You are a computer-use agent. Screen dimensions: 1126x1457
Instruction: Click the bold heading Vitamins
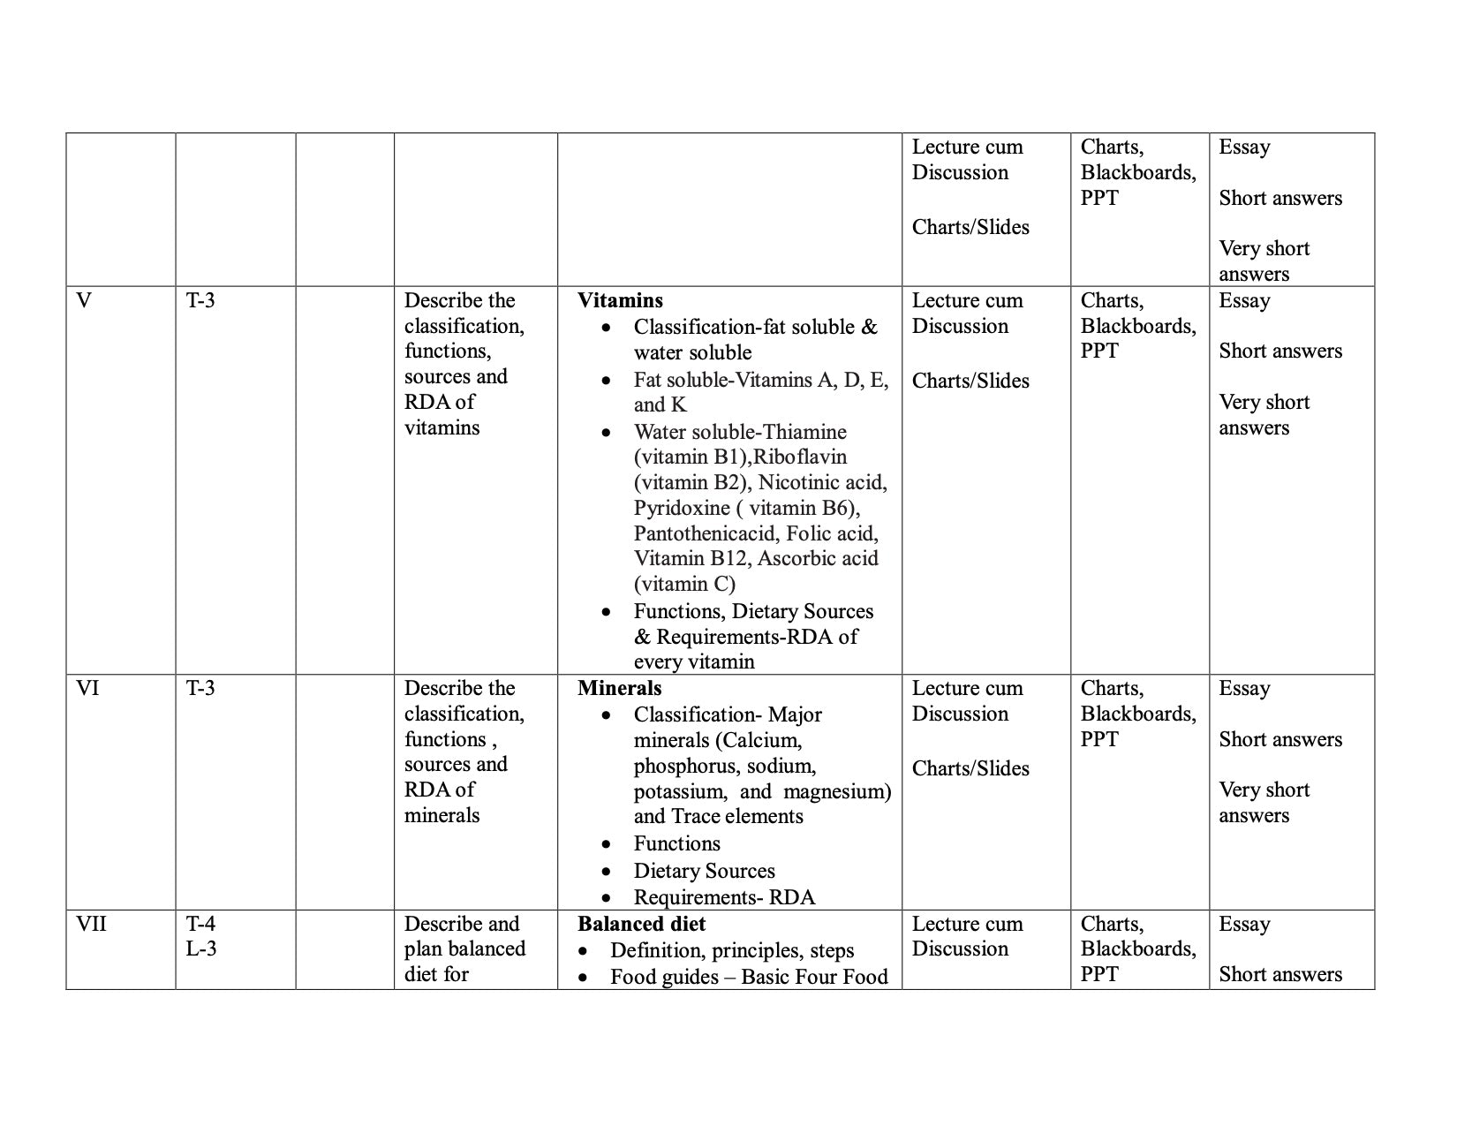pyautogui.click(x=620, y=300)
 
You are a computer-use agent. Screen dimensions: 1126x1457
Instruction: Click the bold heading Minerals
pyautogui.click(x=619, y=688)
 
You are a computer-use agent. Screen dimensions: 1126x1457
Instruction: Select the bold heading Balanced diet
pyautogui.click(x=641, y=924)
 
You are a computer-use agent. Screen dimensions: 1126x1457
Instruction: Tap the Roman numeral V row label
pyautogui.click(x=84, y=300)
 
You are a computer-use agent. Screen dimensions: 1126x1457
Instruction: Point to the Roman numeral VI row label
pyautogui.click(x=87, y=688)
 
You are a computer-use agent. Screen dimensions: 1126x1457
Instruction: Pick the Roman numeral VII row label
pyautogui.click(x=91, y=924)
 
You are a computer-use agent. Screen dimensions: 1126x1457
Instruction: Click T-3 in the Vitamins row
pyautogui.click(x=200, y=300)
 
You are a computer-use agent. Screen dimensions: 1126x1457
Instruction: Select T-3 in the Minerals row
pyautogui.click(x=200, y=688)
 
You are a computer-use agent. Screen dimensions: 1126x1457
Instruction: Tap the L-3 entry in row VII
pyautogui.click(x=201, y=949)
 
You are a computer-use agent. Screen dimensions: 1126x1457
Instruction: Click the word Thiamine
pyautogui.click(x=804, y=432)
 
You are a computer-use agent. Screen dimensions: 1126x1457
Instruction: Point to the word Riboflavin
pyautogui.click(x=800, y=457)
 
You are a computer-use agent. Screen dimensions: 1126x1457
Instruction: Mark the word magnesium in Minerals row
pyautogui.click(x=837, y=791)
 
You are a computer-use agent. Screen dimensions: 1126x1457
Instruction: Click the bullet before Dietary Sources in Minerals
pyautogui.click(x=606, y=872)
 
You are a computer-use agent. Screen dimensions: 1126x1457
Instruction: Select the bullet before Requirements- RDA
pyautogui.click(x=606, y=898)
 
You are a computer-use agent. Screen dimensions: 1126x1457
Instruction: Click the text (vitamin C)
pyautogui.click(x=684, y=584)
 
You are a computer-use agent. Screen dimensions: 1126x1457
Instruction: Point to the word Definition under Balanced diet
pyautogui.click(x=657, y=950)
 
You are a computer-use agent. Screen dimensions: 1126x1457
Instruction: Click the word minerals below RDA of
pyautogui.click(x=442, y=815)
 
